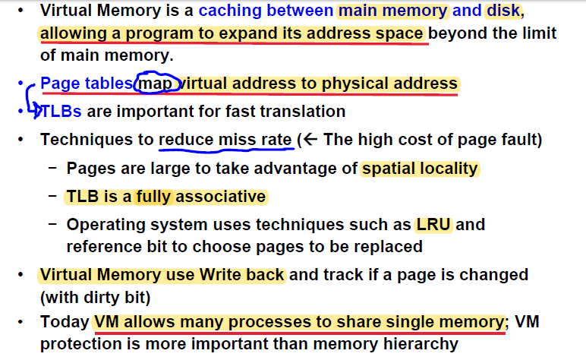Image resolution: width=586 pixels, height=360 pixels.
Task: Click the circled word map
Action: pos(157,83)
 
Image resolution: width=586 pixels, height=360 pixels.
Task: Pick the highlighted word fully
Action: pos(155,197)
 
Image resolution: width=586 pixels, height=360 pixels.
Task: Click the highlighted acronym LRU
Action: pos(433,225)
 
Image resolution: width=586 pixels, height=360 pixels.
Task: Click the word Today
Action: pos(65,322)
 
